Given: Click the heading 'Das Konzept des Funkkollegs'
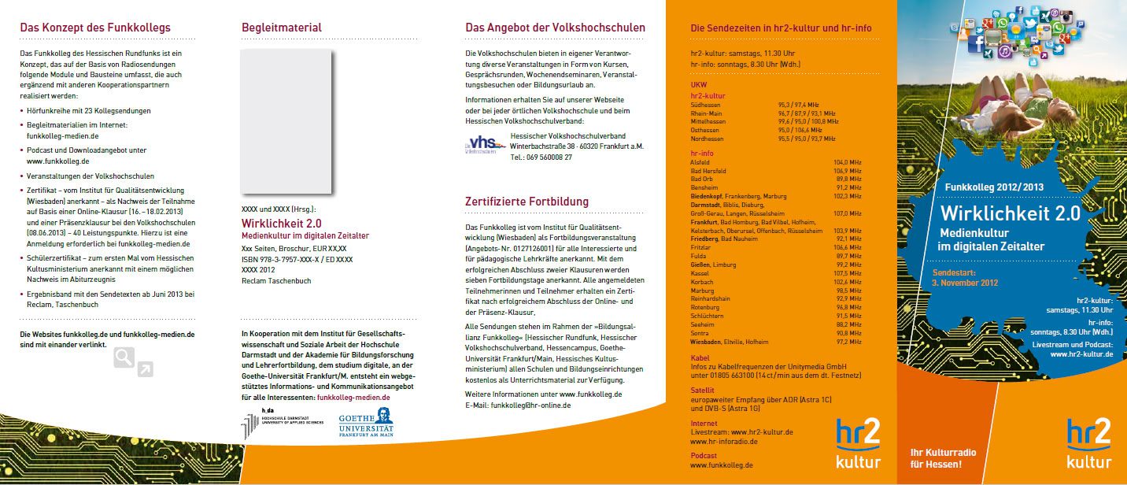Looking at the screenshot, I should [95, 28].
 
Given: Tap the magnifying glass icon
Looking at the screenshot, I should [124, 357].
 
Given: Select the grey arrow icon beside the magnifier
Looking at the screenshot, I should [145, 368].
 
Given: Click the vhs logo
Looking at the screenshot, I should [481, 146].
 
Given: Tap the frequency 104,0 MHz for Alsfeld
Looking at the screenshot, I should [848, 161].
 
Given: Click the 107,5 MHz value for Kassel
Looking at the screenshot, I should [848, 273].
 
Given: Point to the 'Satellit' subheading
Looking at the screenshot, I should [703, 389].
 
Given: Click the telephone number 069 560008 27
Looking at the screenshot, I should [550, 157].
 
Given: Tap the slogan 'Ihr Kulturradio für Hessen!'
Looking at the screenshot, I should [936, 457].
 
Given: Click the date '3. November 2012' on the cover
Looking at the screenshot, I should [965, 282].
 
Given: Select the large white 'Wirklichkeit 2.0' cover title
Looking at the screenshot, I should [1011, 215].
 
